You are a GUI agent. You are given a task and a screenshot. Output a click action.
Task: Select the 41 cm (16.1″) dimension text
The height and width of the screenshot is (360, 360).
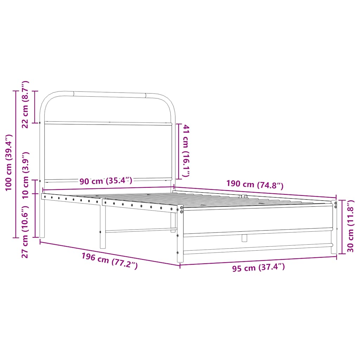tap(186, 151)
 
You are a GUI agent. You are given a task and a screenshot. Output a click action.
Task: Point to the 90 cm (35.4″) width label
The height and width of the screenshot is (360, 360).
tap(105, 181)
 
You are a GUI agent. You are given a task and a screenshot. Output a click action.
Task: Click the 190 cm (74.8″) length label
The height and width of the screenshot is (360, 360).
tap(255, 185)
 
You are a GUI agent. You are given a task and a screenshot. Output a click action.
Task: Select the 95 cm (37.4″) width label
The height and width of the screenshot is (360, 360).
tap(258, 268)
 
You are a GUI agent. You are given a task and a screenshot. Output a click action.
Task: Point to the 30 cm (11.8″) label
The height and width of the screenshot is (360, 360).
tap(351, 226)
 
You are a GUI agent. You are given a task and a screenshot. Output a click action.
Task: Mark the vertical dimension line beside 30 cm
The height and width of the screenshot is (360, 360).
tap(341, 227)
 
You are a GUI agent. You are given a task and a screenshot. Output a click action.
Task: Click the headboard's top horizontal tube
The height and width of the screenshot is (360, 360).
tap(109, 95)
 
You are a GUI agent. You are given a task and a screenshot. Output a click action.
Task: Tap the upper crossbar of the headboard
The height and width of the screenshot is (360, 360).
tap(107, 123)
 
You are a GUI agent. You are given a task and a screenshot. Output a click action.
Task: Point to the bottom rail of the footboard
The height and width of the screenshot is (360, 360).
tap(257, 249)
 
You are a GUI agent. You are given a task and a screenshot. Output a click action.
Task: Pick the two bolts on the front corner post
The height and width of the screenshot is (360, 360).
tap(182, 210)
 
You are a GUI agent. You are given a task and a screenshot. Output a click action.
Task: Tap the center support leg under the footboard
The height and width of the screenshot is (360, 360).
tap(244, 238)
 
